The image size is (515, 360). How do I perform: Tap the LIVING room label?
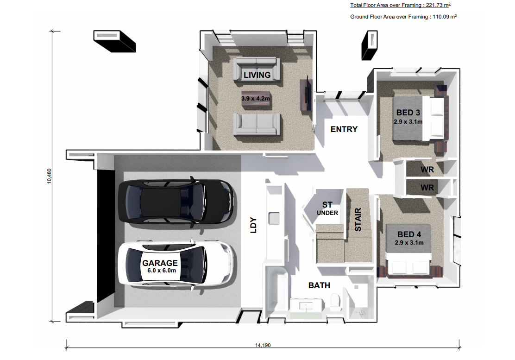point(257,75)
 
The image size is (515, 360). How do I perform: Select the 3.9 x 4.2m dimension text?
point(256,99)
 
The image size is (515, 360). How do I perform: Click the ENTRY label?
point(344,129)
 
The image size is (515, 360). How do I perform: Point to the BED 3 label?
point(408,113)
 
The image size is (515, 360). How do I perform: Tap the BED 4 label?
point(409,234)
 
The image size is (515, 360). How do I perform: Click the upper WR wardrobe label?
point(427,170)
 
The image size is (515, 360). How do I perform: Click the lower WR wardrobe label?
point(427,188)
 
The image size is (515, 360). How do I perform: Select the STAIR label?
point(358,220)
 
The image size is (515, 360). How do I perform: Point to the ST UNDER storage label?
point(327,208)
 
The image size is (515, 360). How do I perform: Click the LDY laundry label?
point(253,225)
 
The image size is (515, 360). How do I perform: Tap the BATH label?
point(319,285)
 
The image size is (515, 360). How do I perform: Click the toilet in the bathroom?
point(335,302)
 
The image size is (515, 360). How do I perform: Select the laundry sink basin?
point(274,218)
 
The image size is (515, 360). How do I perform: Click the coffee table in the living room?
point(256,99)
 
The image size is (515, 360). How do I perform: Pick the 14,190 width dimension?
point(263,345)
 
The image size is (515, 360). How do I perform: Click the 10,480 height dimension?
point(49,176)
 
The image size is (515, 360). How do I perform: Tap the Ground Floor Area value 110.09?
point(441,17)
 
